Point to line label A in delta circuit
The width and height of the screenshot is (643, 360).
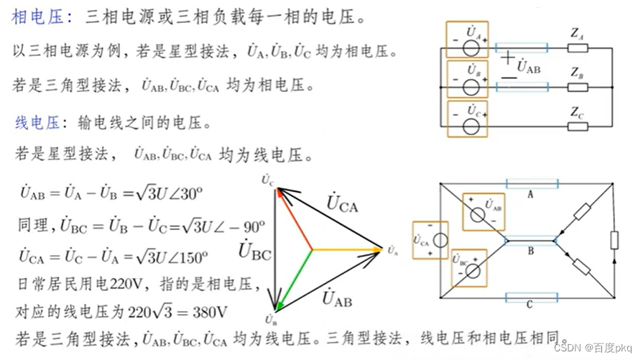(531, 194)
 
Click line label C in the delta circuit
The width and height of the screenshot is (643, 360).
(529, 305)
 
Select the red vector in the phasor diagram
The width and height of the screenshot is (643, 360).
(295, 219)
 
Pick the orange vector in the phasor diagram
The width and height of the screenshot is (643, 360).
(345, 250)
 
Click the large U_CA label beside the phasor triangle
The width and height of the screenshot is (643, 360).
(341, 203)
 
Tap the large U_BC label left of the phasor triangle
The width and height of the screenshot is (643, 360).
(254, 251)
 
